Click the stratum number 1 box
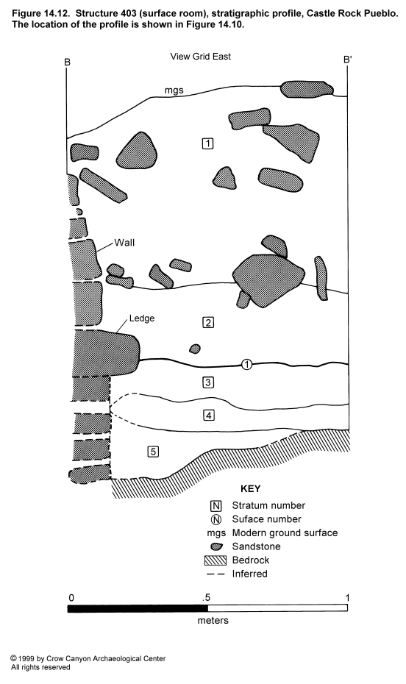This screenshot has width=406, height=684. pyautogui.click(x=207, y=143)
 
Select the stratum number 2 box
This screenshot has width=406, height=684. pyautogui.click(x=208, y=323)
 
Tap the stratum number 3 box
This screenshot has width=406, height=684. pyautogui.click(x=208, y=382)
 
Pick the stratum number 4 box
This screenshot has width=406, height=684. pyautogui.click(x=208, y=415)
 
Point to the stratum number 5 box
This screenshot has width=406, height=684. pyautogui.click(x=153, y=452)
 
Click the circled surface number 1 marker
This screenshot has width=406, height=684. pyautogui.click(x=247, y=364)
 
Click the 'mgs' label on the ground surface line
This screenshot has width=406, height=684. pyautogui.click(x=174, y=90)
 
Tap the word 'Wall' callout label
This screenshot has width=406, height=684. pyautogui.click(x=124, y=243)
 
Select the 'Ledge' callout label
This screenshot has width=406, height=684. pyautogui.click(x=142, y=318)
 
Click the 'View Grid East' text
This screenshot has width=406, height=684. pyautogui.click(x=201, y=57)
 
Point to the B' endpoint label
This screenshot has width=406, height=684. pyautogui.click(x=348, y=60)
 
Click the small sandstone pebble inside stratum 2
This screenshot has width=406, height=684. pyautogui.click(x=195, y=349)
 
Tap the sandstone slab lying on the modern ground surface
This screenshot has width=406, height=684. pyautogui.click(x=307, y=90)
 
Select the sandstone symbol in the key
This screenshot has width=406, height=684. pyautogui.click(x=217, y=546)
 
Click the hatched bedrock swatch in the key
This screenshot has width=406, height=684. pyautogui.click(x=216, y=560)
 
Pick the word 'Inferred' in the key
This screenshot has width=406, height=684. pyautogui.click(x=250, y=574)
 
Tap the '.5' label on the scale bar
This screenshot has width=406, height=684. pyautogui.click(x=206, y=598)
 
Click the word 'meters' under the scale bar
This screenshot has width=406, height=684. pyautogui.click(x=213, y=620)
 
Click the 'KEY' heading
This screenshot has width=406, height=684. pyautogui.click(x=250, y=488)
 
